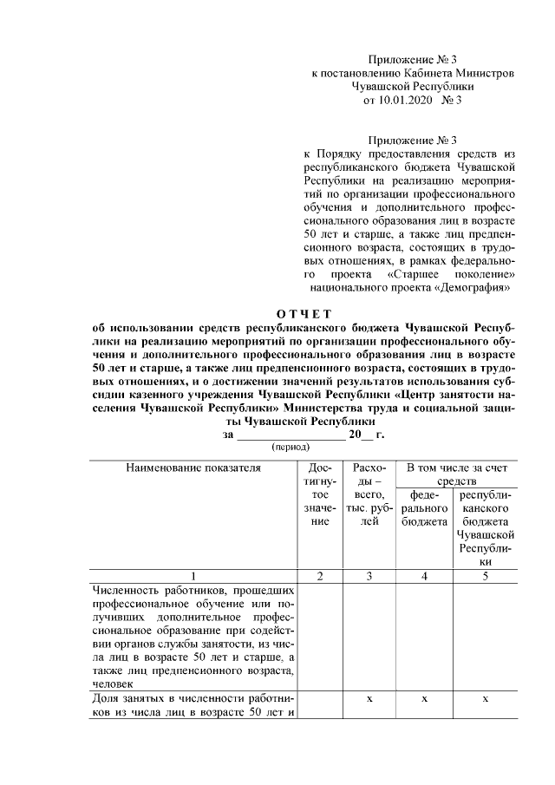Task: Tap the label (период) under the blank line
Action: click(293, 447)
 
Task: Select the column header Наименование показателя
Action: click(193, 468)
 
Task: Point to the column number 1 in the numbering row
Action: click(193, 577)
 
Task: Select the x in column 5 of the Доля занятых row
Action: click(486, 699)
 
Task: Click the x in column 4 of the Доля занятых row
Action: click(424, 699)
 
